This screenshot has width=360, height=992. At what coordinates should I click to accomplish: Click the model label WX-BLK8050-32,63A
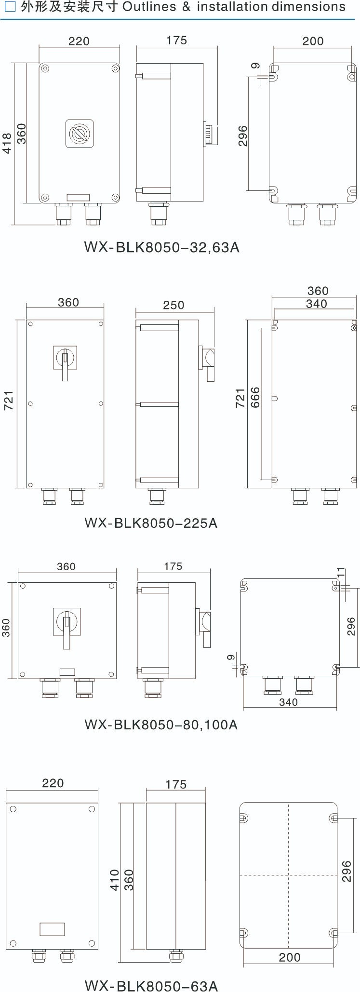coord(161,247)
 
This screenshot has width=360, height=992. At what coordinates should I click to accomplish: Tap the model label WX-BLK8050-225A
coord(151,523)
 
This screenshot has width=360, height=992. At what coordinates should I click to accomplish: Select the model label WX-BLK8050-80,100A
coord(161,724)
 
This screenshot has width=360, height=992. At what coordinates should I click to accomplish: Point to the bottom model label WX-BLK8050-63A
coord(151,983)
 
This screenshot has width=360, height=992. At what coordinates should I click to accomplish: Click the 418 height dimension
coord(7,143)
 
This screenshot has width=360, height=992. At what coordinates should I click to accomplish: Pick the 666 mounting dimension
coord(255,398)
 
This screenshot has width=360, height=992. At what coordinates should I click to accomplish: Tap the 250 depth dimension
coord(173,305)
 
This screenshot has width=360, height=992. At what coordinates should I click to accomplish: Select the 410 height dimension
coord(115,880)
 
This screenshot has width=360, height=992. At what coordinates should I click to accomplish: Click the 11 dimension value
coord(341,573)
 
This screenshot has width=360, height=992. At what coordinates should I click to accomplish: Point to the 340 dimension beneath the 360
coord(316,304)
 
